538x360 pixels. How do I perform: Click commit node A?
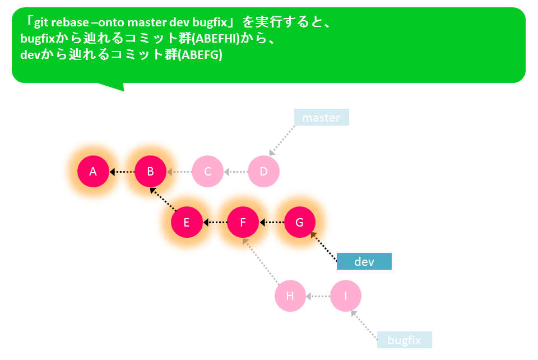coord(93,171)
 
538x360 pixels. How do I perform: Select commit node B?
coord(150,171)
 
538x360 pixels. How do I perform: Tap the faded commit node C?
coord(207,171)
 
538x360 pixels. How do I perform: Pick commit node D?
coord(263,171)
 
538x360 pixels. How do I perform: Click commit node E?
coord(187,222)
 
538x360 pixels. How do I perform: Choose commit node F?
coord(243,222)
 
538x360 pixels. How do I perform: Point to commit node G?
coord(299,222)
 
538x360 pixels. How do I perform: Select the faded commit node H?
coord(290,296)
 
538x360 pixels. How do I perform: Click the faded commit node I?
coord(346,296)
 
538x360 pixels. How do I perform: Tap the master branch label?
coord(322,117)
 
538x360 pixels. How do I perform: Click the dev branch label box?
coord(364,261)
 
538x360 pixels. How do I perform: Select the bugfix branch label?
coord(405,340)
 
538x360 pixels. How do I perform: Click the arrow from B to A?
coord(122,171)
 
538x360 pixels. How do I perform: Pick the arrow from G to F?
coord(272,223)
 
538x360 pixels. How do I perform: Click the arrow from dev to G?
coord(323,246)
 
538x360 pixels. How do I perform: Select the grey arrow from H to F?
coord(261,261)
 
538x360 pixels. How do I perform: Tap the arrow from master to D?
coord(282,141)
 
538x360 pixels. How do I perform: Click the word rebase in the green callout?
coord(68,22)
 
